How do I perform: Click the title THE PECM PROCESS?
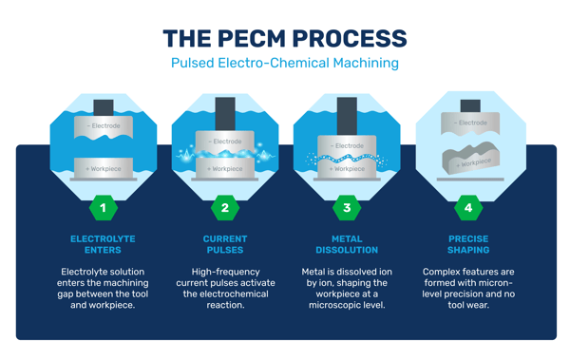click(x=284, y=39)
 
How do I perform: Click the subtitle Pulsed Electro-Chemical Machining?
click(x=284, y=64)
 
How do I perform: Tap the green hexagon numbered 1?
click(x=104, y=207)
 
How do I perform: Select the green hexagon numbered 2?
click(x=225, y=207)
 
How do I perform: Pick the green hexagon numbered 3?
click(x=347, y=207)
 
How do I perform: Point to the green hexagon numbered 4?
click(x=468, y=207)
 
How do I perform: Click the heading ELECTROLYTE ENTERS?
click(x=104, y=244)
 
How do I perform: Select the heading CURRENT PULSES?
click(x=225, y=244)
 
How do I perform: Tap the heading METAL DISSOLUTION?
click(x=347, y=244)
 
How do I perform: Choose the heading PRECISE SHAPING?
click(x=468, y=244)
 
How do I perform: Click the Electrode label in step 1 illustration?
click(x=104, y=125)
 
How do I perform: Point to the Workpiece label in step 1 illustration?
click(x=104, y=168)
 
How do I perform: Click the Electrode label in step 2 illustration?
click(x=225, y=142)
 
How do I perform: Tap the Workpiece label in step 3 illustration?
click(x=347, y=168)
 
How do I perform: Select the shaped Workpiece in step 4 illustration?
click(x=470, y=161)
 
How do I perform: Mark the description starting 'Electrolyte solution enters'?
click(x=104, y=289)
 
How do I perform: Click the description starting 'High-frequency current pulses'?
click(x=225, y=289)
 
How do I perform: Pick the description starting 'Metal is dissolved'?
click(x=347, y=289)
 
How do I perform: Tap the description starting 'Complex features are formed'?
click(x=468, y=289)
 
